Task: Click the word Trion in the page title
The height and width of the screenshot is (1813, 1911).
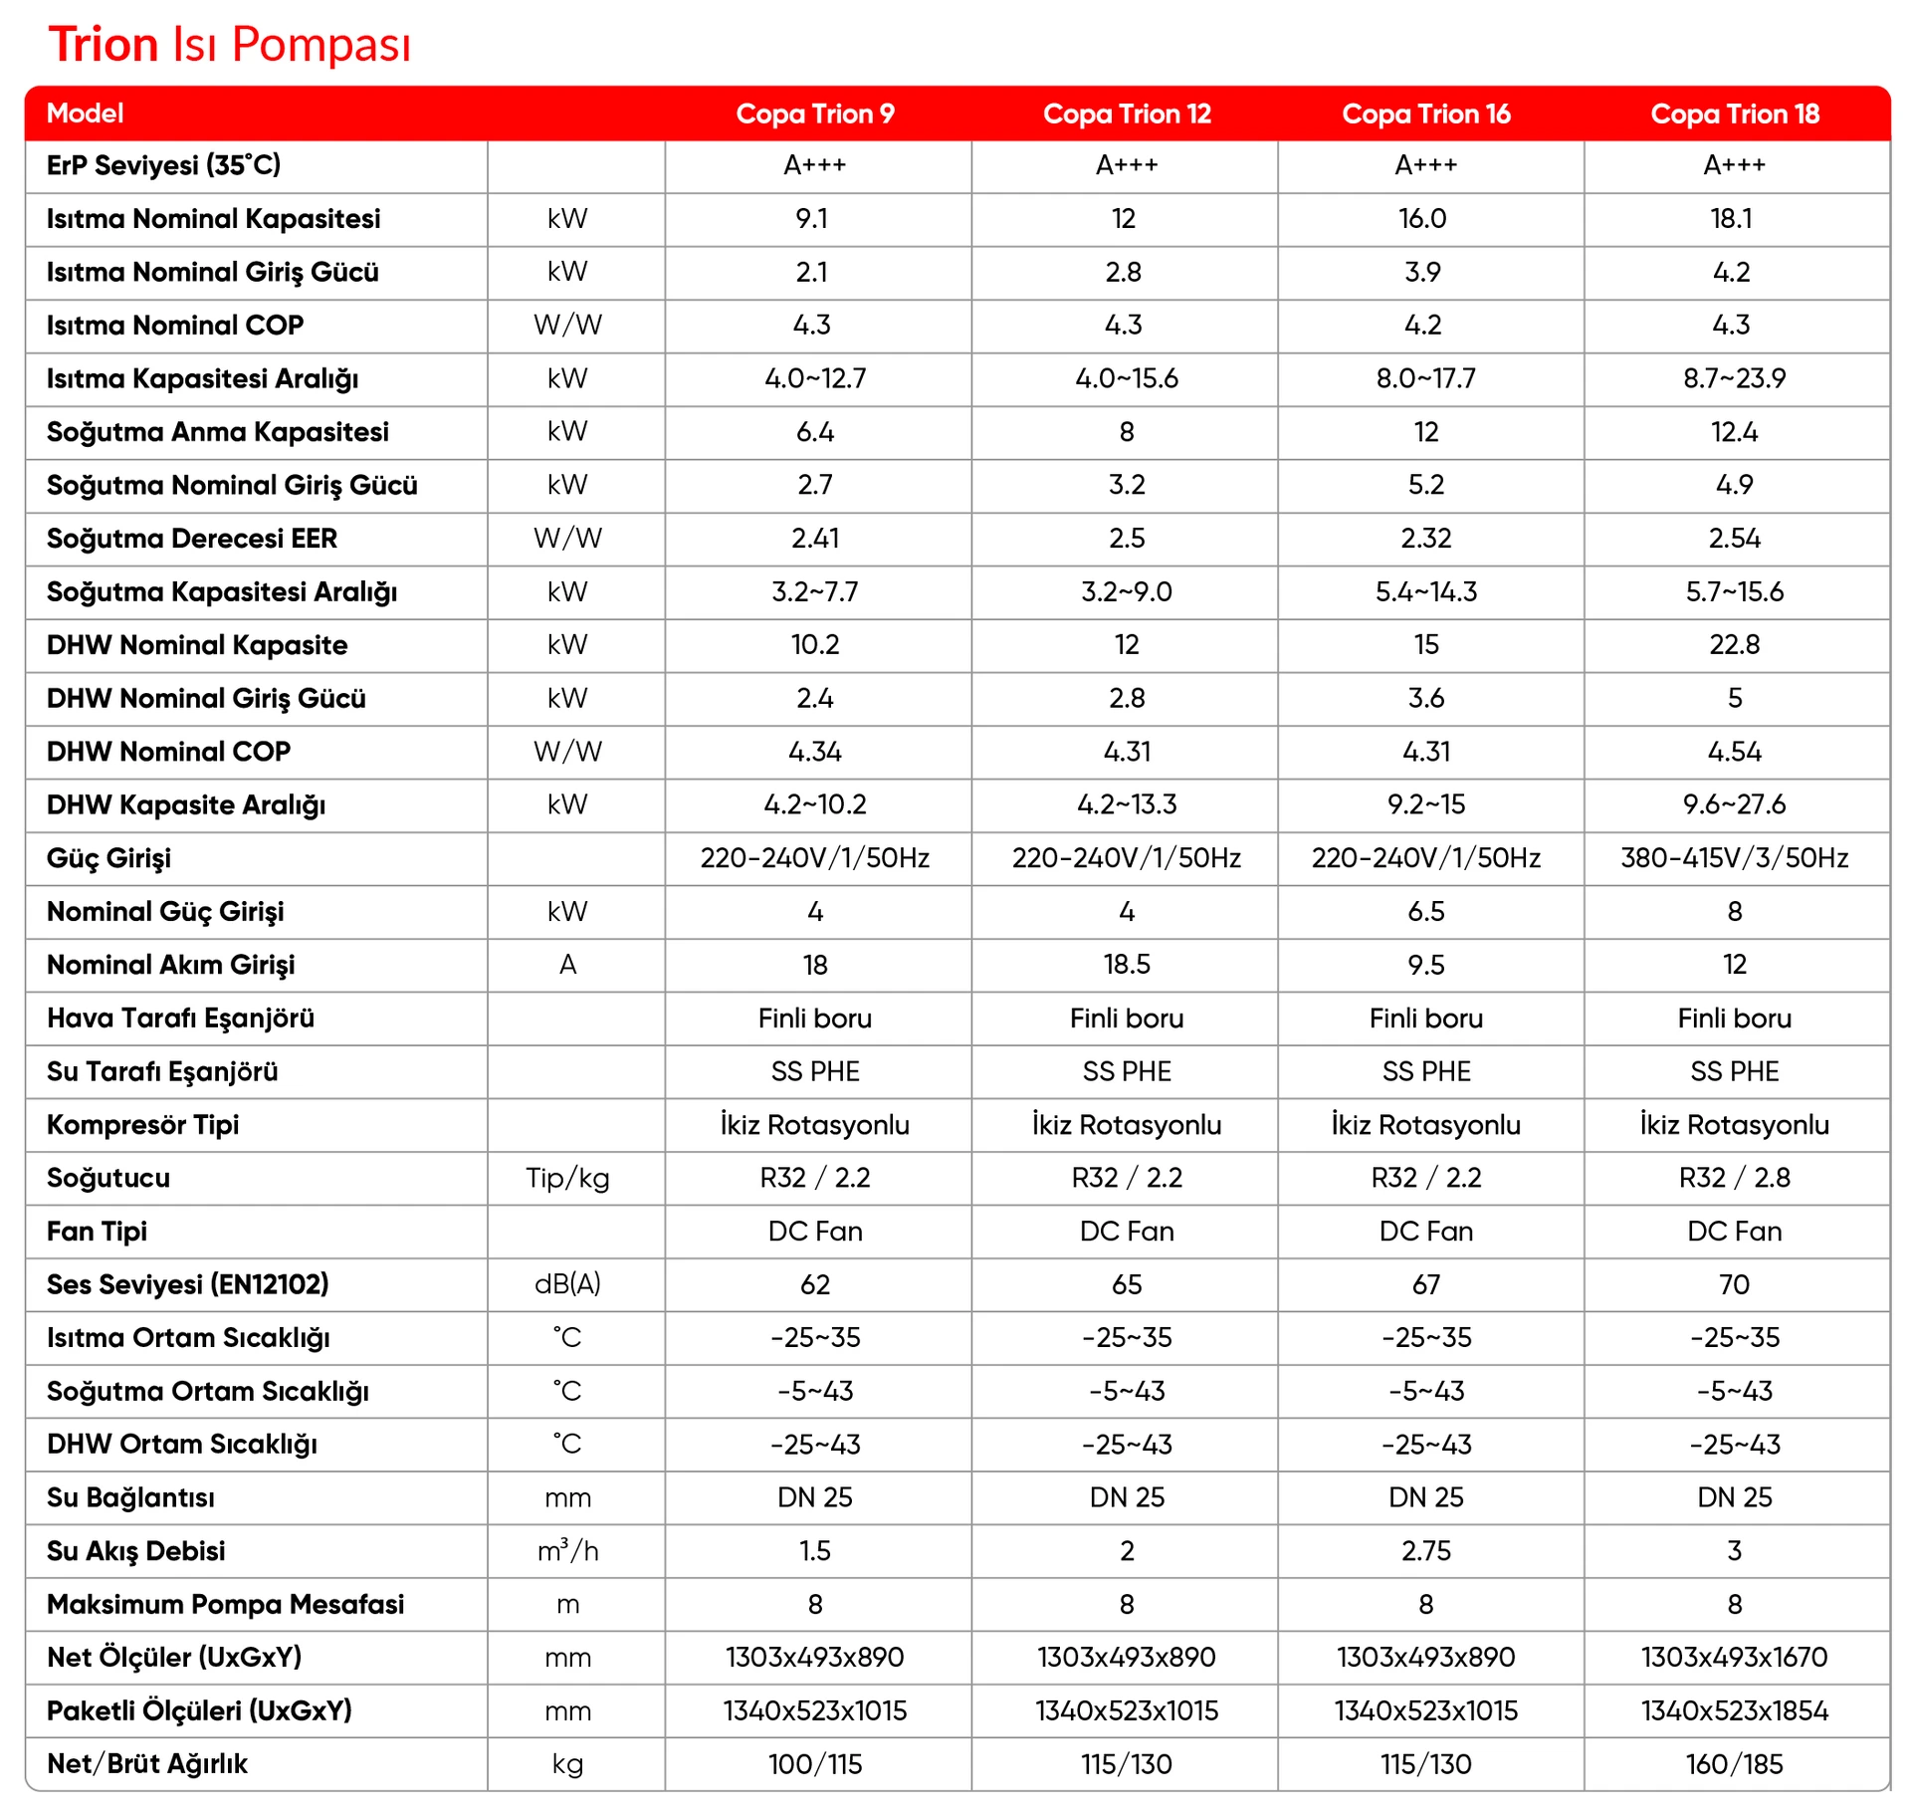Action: point(104,45)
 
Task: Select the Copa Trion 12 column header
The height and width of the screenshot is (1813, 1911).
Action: point(1127,113)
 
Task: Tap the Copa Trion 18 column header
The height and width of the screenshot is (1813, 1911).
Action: point(1734,113)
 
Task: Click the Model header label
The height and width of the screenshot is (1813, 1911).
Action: point(85,113)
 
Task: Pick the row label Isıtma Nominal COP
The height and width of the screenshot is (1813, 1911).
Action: point(175,326)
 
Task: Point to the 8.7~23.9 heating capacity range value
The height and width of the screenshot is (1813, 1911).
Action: point(1734,378)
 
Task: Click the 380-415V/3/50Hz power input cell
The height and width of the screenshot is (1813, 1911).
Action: point(1734,858)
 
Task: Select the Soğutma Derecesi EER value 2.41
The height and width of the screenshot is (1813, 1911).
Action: point(815,539)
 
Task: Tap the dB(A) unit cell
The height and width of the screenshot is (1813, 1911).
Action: point(567,1284)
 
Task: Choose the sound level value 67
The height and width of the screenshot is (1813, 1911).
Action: point(1425,1284)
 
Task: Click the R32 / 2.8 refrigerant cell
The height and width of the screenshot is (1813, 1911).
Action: point(1734,1178)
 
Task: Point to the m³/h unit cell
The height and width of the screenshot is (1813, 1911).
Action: point(567,1551)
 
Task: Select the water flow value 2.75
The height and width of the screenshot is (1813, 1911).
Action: point(1425,1551)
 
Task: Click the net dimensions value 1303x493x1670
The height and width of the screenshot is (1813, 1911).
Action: point(1734,1658)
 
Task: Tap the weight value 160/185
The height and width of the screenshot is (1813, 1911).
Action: point(1734,1764)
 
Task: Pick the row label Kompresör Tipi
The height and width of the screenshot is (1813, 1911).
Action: point(142,1125)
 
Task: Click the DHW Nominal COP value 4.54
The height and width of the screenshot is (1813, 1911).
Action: point(1734,752)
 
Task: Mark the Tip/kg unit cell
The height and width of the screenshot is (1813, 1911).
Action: point(567,1178)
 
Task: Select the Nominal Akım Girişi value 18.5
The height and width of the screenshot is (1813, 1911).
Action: point(1127,965)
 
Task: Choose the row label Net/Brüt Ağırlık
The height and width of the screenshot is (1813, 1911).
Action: point(147,1764)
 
